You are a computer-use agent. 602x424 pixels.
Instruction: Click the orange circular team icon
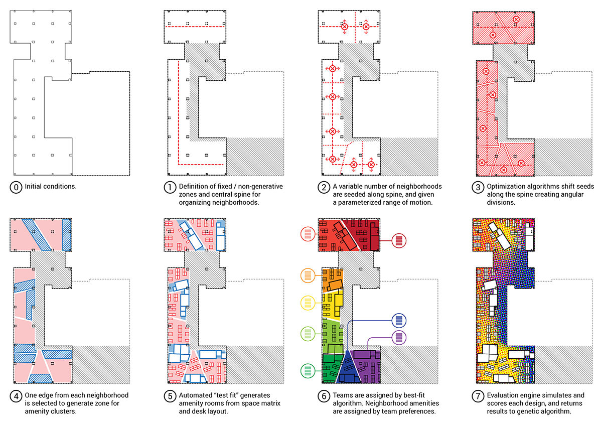pyautogui.click(x=307, y=275)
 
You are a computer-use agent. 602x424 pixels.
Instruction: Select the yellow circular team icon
pyautogui.click(x=307, y=303)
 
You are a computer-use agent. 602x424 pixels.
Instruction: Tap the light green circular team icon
pyautogui.click(x=307, y=333)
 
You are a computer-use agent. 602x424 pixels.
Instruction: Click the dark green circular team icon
pyautogui.click(x=307, y=371)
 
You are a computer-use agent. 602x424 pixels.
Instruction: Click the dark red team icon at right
pyautogui.click(x=399, y=241)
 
